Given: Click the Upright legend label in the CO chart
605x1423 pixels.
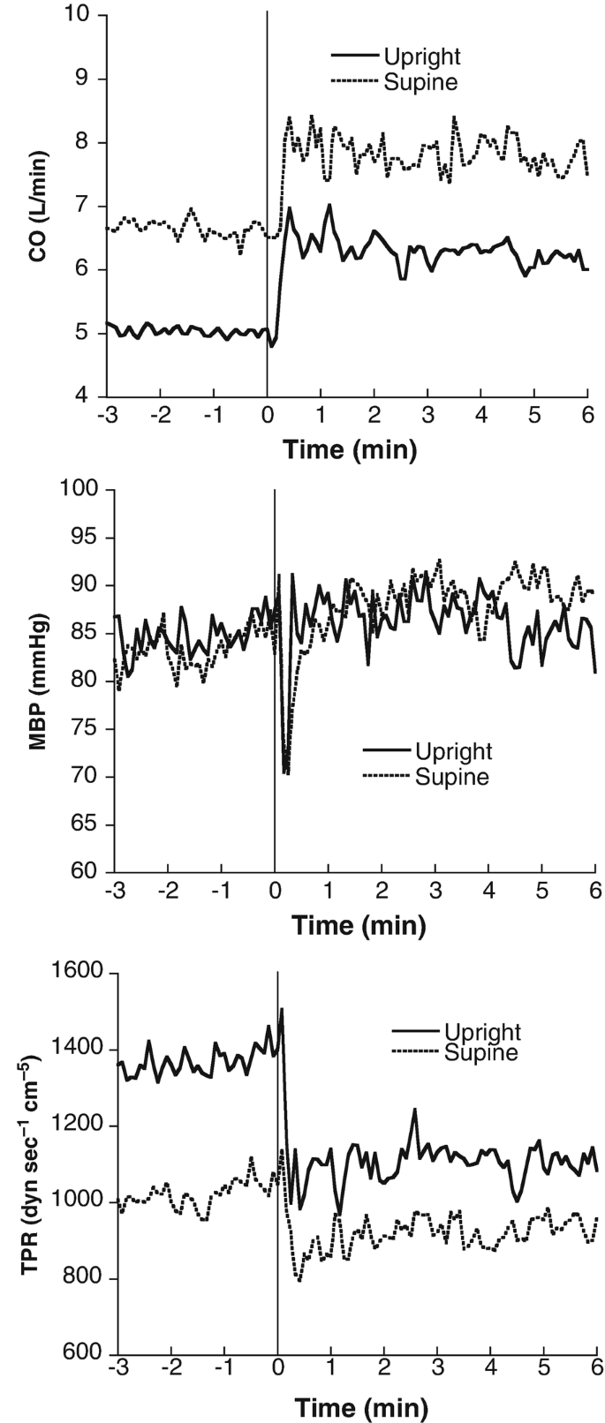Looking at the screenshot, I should point(421,57).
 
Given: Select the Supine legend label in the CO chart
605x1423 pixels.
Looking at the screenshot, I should point(420,82).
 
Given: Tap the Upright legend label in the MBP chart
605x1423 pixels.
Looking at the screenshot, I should point(453,752).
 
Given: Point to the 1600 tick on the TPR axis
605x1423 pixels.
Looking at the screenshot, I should point(81,973).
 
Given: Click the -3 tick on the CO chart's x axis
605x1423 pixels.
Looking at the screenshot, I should point(106,415).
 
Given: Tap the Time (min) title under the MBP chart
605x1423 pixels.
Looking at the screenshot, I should point(358,925).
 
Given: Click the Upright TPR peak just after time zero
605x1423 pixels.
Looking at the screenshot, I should point(282,1009).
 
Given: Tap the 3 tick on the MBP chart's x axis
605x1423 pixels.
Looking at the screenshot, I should point(435,889).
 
